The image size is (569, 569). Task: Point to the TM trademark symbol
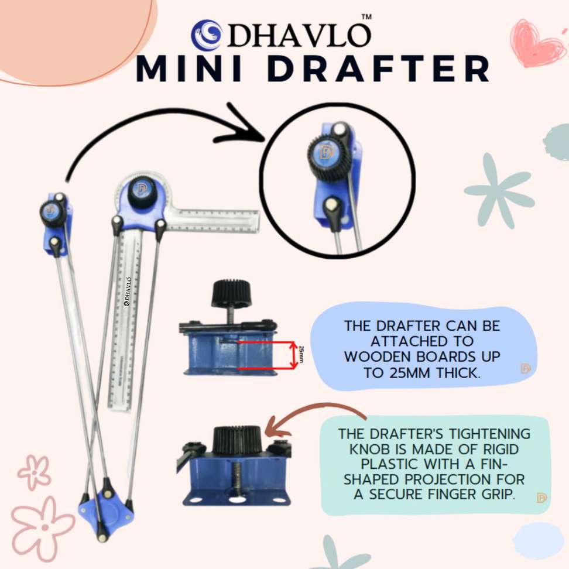tap(366, 17)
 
